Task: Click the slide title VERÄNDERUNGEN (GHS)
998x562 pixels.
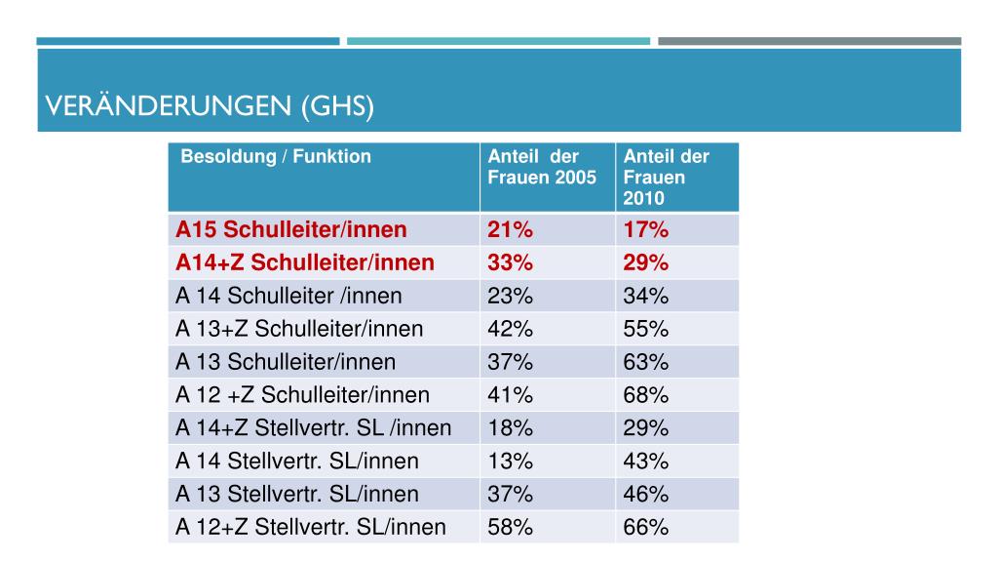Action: (211, 106)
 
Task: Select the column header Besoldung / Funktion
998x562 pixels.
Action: (276, 156)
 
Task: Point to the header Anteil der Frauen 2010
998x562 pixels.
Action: (666, 177)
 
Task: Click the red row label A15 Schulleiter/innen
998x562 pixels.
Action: (290, 230)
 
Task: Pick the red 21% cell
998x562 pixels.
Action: (510, 230)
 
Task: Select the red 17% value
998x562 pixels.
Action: (646, 230)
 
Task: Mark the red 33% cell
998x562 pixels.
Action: (510, 263)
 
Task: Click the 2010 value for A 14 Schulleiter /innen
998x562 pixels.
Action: (646, 296)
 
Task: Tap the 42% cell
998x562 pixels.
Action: (510, 329)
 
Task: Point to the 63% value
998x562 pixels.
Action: (646, 362)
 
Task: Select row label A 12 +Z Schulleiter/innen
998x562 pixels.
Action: (302, 395)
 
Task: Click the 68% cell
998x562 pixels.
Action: (646, 395)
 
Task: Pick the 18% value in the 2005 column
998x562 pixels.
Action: (510, 428)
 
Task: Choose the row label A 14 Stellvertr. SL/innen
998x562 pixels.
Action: (297, 462)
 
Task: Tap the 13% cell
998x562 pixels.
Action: (510, 462)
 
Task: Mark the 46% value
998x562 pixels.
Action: (646, 495)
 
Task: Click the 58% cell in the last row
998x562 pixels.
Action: (510, 528)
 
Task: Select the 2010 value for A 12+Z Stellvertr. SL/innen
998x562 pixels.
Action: (646, 528)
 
